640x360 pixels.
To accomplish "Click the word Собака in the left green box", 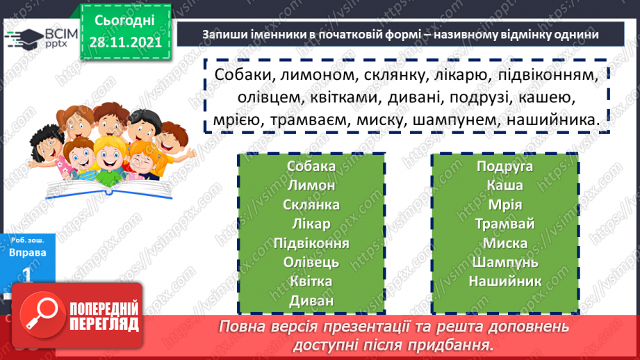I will pos(311,166).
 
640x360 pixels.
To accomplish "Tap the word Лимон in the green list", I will pos(311,186).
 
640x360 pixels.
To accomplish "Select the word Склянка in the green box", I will pos(311,205).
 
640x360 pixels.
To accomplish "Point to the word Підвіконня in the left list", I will pos(311,244).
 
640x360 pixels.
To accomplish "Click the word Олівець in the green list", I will pos(311,263).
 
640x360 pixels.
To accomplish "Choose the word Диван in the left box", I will pos(311,302).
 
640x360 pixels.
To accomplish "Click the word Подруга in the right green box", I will pos(504,166).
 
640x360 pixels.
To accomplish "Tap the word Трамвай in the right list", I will pos(504,224).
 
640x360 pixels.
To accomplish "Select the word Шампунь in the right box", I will pos(504,263).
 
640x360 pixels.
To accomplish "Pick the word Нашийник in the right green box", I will pos(504,282).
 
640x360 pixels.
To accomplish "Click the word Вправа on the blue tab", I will pos(28,253).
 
